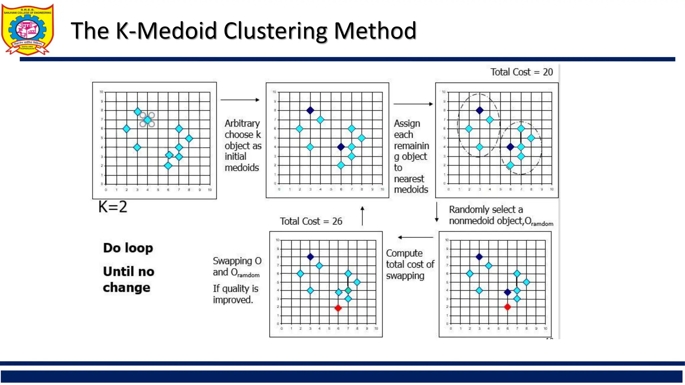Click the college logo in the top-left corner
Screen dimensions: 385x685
(27, 29)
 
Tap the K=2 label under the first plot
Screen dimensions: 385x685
(113, 207)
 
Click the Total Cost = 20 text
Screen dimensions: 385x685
(521, 72)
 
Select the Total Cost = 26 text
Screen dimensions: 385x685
(311, 221)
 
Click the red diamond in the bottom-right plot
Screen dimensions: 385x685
(507, 307)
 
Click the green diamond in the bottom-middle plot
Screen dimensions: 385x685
(348, 290)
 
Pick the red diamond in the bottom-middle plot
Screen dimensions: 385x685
(338, 308)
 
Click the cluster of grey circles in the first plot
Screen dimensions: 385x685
(147, 120)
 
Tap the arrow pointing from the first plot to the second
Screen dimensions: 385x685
(240, 100)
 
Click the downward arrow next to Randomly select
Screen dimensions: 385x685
(436, 212)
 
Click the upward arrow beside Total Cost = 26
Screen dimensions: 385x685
(362, 216)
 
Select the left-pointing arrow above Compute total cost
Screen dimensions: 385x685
(415, 237)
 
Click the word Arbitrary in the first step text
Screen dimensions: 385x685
(242, 123)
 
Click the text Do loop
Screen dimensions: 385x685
(128, 248)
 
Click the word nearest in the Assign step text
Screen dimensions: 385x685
(409, 179)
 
